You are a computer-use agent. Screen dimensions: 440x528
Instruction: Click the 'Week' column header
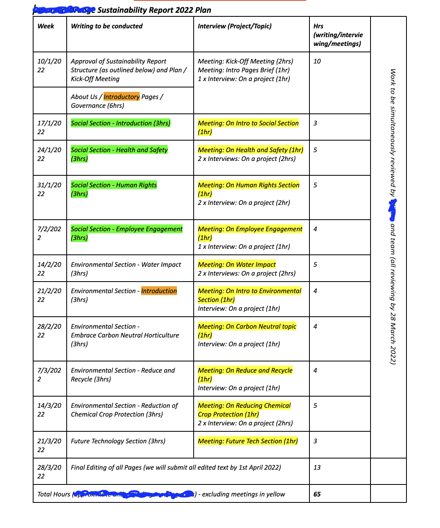pyautogui.click(x=46, y=26)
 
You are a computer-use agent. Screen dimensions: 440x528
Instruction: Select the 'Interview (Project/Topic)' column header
pyautogui.click(x=234, y=26)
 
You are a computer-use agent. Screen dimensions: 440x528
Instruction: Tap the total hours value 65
pyautogui.click(x=317, y=494)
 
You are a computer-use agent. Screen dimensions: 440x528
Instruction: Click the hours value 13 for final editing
pyautogui.click(x=317, y=468)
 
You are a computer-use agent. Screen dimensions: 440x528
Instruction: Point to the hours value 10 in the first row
pyautogui.click(x=317, y=62)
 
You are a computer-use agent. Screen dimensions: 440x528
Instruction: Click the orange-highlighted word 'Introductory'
pyautogui.click(x=121, y=97)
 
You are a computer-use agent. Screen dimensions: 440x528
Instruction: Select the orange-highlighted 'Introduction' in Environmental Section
pyautogui.click(x=159, y=291)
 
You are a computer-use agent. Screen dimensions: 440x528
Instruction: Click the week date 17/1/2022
pyautogui.click(x=49, y=127)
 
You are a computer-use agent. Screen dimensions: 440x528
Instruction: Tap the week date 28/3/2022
pyautogui.click(x=49, y=472)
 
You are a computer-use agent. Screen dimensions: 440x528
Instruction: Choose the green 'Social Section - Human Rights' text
pyautogui.click(x=114, y=185)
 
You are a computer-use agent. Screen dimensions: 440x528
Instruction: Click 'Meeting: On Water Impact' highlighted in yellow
pyautogui.click(x=237, y=265)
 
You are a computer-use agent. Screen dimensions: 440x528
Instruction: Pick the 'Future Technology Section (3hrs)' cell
pyautogui.click(x=118, y=441)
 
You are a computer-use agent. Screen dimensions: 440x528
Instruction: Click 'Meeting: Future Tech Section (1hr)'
pyautogui.click(x=248, y=441)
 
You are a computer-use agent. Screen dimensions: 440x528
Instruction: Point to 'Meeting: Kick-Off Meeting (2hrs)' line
pyautogui.click(x=245, y=62)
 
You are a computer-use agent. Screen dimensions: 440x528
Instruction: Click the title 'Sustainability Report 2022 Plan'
pyautogui.click(x=154, y=10)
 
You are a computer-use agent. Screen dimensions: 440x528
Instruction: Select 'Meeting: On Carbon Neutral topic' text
pyautogui.click(x=247, y=327)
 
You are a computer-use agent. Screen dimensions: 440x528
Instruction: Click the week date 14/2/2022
pyautogui.click(x=49, y=269)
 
